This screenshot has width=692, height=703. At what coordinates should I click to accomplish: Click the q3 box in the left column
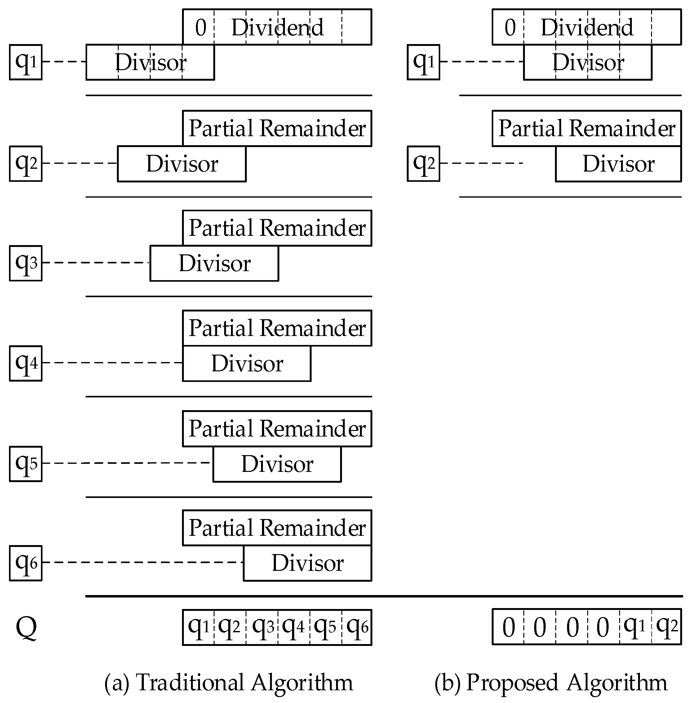point(25,263)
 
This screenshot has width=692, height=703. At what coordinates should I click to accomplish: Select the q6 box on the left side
point(25,563)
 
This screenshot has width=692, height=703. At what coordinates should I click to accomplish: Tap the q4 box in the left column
point(25,363)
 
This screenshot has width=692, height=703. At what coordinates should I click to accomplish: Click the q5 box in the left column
point(25,464)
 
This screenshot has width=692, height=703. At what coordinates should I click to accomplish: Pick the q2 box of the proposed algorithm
point(424,164)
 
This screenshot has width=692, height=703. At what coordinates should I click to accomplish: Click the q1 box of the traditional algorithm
point(25,62)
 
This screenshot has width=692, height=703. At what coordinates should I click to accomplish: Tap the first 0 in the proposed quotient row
point(508,628)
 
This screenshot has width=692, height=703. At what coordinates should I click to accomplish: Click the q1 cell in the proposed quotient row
point(635,627)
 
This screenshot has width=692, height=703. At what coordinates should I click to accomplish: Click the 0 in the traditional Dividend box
point(201,28)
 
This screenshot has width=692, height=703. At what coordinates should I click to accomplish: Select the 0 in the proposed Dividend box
point(510,28)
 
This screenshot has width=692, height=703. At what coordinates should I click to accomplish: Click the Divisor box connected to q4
point(247,363)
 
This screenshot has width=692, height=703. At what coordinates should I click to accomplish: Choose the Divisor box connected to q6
point(308,563)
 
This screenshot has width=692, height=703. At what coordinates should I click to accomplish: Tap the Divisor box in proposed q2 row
point(618,164)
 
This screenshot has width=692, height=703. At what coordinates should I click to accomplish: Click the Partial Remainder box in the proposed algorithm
point(587,128)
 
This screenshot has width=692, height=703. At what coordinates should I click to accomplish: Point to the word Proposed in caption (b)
point(512,682)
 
